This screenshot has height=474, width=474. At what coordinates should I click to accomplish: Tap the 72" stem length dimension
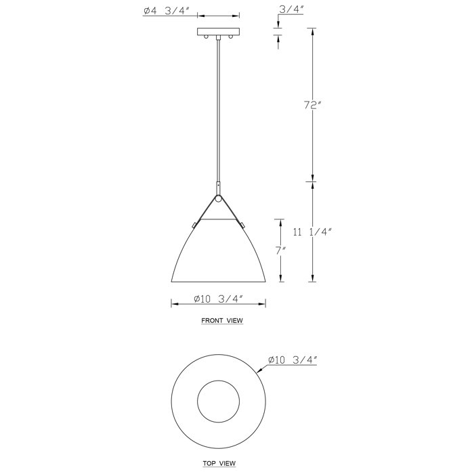pos(312,105)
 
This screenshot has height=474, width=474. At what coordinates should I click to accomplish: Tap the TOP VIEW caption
pos(218,463)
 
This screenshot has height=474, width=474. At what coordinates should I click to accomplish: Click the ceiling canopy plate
pos(218,31)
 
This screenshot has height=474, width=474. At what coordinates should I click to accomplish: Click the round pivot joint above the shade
pos(218,198)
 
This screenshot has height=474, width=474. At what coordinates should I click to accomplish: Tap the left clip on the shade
pos(194,223)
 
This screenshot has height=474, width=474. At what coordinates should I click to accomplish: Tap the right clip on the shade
pos(242,223)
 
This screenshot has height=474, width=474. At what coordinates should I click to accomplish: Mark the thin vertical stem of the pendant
pos(218,108)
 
